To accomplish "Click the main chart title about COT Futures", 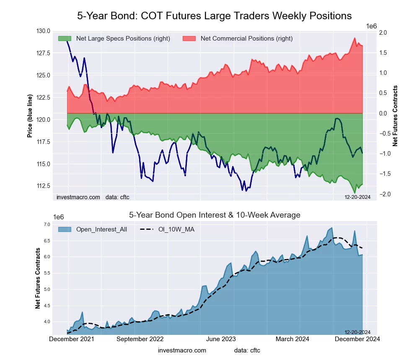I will coord(214,16).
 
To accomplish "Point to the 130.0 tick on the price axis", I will coord(43,31).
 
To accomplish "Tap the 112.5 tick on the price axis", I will coord(43,186).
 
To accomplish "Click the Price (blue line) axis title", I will coord(30,116).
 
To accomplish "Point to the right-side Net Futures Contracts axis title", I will coord(395,116).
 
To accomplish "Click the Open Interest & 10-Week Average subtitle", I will coord(214,215).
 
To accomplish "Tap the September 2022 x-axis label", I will coord(140,339).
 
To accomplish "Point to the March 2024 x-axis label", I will coord(299,339).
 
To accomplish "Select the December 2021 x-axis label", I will coord(72,339).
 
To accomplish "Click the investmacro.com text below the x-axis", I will coord(182,350).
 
